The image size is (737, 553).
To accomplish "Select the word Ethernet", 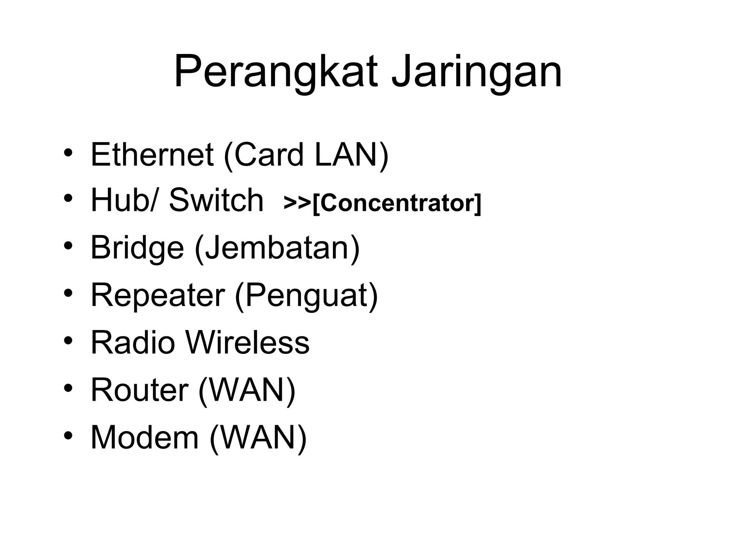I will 152,154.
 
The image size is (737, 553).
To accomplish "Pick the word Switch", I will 216,200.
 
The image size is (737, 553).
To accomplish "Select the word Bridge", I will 137,248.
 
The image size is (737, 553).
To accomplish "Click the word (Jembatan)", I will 277,248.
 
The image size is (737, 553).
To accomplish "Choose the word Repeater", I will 158,295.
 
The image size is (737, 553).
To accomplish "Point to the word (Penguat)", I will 306,295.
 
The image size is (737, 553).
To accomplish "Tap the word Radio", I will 132,342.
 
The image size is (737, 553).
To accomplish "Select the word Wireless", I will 248,342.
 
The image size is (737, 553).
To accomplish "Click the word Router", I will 139,390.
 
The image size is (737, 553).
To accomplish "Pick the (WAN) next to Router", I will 247,390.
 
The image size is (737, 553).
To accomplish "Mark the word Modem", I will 145,437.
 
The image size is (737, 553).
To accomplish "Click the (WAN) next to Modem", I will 258,437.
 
